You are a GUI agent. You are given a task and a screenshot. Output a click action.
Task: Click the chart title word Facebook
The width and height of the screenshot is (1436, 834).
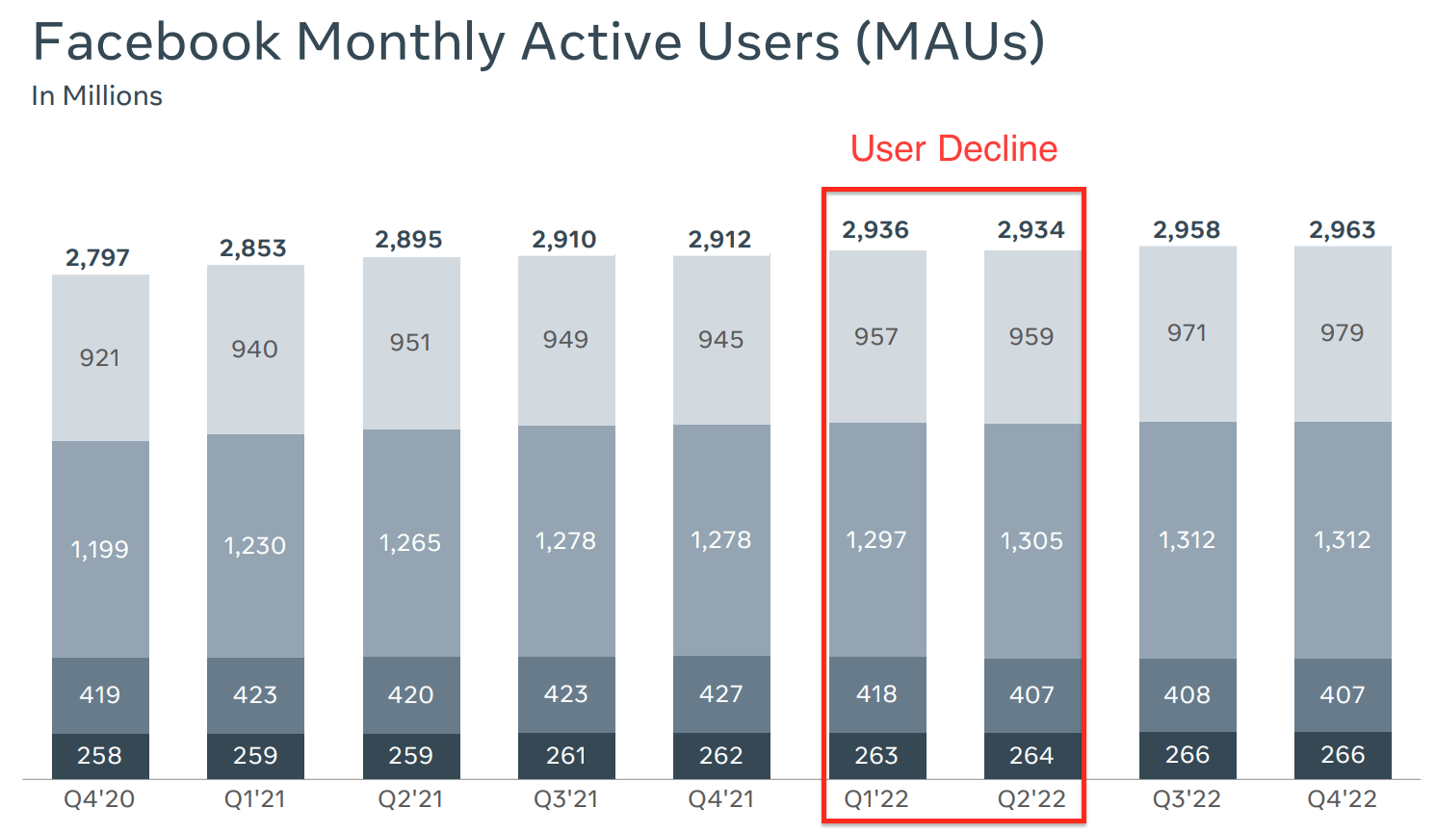click(156, 42)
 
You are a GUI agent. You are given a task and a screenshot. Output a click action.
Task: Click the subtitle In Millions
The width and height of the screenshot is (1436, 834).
click(96, 96)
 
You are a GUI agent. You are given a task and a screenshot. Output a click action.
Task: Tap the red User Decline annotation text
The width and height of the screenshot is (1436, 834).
click(953, 149)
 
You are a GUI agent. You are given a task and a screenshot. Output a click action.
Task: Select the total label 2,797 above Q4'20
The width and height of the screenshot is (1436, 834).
click(97, 258)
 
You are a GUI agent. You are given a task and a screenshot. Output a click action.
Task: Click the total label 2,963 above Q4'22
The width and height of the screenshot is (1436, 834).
click(1342, 230)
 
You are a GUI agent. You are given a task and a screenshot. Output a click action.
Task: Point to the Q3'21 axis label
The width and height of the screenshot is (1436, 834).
click(565, 799)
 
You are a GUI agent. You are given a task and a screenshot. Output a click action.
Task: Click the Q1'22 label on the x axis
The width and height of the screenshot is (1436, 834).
click(875, 799)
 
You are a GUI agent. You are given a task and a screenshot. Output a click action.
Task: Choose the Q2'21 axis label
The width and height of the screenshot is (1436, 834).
click(410, 799)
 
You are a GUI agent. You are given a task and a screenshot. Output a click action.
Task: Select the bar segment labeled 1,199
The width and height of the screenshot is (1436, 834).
click(100, 549)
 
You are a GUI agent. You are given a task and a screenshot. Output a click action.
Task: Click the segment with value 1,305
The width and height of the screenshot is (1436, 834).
click(1031, 541)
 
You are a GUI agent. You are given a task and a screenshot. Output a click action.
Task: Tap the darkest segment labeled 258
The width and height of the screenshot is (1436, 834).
click(100, 756)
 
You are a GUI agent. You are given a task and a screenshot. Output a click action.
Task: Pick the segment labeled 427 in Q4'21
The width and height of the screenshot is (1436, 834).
click(721, 694)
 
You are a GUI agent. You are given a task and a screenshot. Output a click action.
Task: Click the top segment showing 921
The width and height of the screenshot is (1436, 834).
click(100, 358)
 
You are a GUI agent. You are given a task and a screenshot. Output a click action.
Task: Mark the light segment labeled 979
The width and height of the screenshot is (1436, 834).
click(1342, 333)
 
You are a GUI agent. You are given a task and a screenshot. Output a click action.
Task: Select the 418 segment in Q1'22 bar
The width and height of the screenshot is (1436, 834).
click(876, 694)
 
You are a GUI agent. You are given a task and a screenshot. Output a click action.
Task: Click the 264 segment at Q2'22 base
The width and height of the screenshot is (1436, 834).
click(1031, 756)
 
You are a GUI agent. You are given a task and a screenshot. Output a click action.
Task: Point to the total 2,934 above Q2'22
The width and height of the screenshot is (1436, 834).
click(1031, 230)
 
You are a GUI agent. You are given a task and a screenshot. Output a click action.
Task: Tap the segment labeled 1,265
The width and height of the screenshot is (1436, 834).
click(410, 543)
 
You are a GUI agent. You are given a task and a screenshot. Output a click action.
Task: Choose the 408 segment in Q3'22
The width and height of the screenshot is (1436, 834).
click(1187, 695)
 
